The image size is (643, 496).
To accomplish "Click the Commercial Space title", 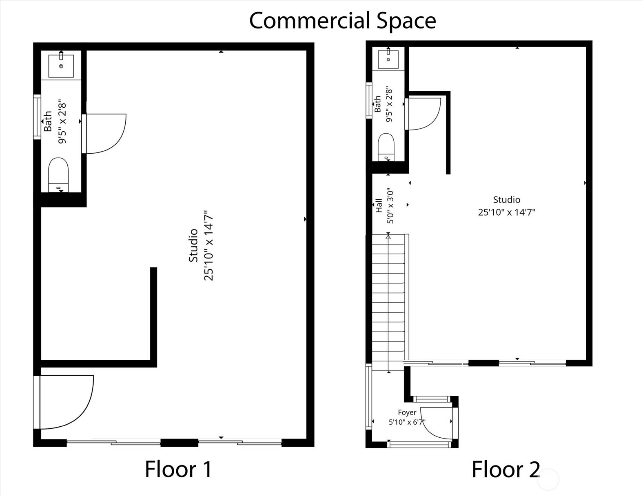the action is pos(342,21).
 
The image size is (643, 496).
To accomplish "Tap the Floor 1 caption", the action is pos(178,469).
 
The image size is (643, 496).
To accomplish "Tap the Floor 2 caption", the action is pos(506,469).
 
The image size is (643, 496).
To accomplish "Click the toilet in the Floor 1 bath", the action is pos(58,175).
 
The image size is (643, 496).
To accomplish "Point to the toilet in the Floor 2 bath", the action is pos(386,147).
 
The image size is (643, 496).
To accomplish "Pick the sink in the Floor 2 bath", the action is pos(388,59).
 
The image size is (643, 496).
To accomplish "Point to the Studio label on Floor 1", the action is pos(193,245).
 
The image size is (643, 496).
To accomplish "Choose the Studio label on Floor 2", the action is pos(507,200).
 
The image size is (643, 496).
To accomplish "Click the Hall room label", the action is pos(379,205).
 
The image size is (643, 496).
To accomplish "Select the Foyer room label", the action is pos(407,412).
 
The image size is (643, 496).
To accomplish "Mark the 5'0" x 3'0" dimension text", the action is pos(390,206).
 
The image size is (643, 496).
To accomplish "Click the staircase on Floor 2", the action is pos(388,302).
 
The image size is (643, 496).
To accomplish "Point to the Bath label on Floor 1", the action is pos(48,121).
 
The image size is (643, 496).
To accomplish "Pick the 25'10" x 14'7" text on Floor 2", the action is pos(507,212).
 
